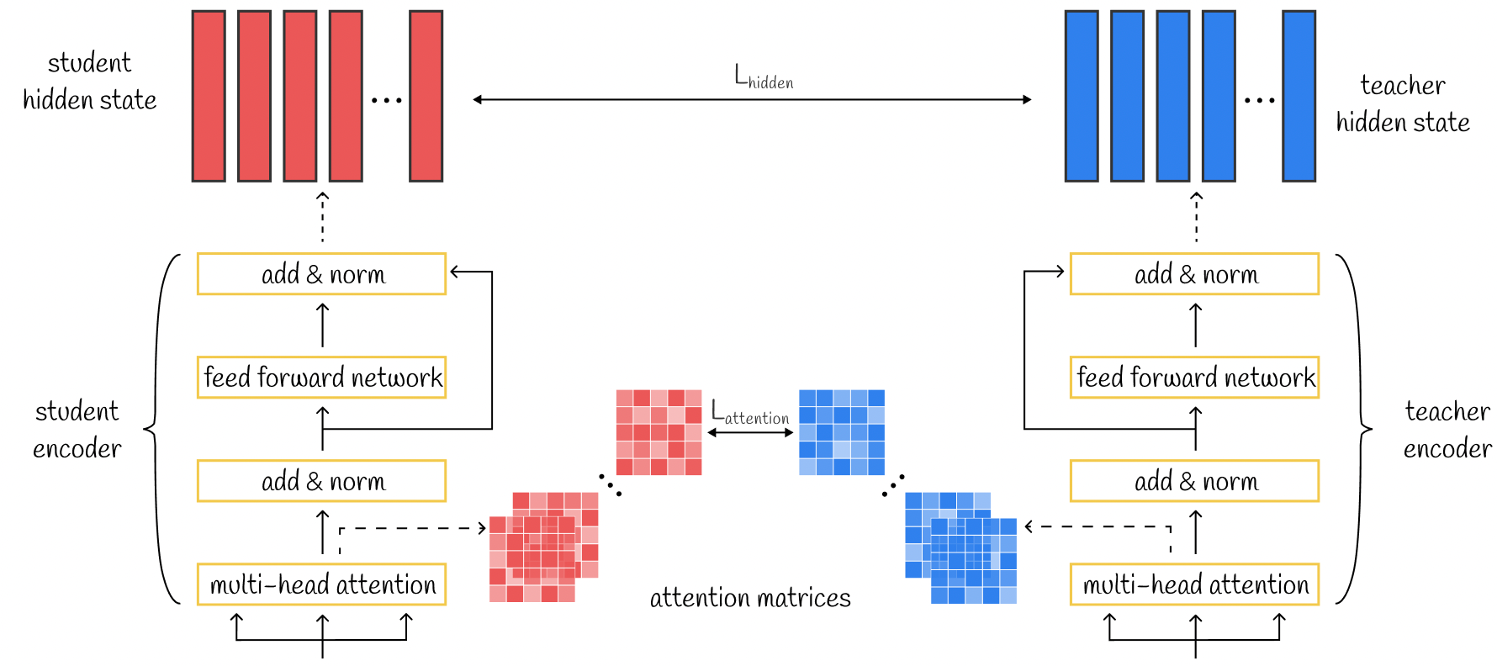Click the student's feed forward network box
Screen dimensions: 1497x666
tap(321, 377)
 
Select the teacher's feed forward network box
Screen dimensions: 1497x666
tap(1194, 377)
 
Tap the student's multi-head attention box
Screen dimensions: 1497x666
tap(321, 584)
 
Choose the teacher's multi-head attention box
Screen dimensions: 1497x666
tap(1194, 584)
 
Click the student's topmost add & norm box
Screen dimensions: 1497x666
tap(321, 274)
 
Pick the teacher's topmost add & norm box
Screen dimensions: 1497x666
tap(1194, 274)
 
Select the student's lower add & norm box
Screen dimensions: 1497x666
tap(321, 481)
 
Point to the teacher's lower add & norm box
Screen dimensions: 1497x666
tap(1194, 481)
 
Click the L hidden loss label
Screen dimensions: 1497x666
tap(764, 77)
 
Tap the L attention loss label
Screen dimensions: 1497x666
tap(750, 412)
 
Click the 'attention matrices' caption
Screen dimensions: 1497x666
tap(750, 598)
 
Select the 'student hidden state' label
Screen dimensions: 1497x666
tap(89, 81)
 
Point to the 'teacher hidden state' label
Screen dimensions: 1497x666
tap(1403, 103)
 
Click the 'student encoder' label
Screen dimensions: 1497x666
tap(77, 430)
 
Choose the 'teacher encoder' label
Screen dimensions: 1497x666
tap(1447, 430)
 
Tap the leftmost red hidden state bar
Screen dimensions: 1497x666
tap(209, 96)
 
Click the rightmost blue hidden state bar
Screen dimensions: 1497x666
tap(1299, 96)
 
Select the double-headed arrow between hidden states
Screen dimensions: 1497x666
tap(752, 99)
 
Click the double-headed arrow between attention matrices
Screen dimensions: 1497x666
tap(750, 432)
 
